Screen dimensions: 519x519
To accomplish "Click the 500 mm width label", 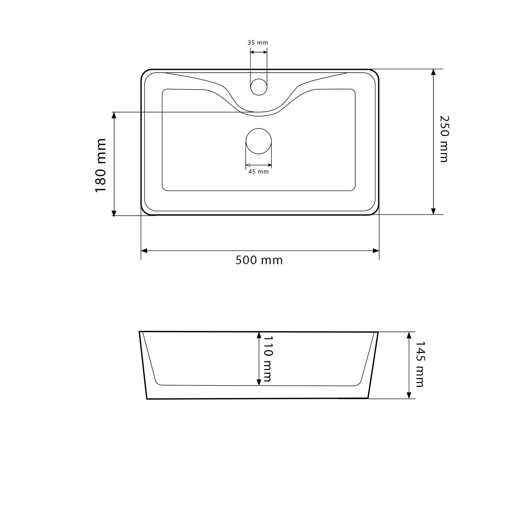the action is pos(259,260).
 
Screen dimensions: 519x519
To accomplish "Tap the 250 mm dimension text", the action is pos(444,139).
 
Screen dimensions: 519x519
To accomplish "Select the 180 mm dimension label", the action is pos(101,165).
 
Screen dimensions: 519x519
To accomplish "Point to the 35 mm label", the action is pos(258,43).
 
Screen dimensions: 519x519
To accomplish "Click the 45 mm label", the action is pos(259,172).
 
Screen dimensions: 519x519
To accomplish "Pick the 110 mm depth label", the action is pos(267,358).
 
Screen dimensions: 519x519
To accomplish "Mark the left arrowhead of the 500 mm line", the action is pos(144,251).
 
